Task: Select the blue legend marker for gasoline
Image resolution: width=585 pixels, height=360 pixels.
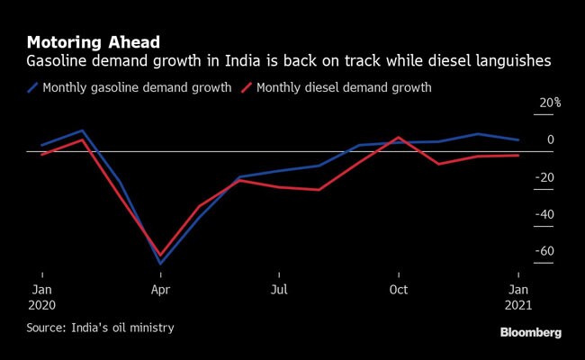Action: [33, 88]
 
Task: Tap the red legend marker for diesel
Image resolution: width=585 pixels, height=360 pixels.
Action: [247, 88]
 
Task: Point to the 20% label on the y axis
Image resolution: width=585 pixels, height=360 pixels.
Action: [549, 103]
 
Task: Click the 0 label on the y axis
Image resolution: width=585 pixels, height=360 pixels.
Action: [550, 140]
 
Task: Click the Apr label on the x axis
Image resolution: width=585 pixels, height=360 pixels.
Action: [160, 290]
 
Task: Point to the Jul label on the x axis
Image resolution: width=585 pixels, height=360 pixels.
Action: [279, 290]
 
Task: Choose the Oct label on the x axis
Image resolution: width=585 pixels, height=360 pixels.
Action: [399, 290]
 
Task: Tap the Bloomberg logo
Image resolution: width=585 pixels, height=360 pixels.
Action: [530, 333]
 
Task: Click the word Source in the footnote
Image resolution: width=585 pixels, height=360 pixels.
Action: [45, 328]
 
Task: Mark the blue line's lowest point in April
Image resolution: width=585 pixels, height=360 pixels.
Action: [160, 265]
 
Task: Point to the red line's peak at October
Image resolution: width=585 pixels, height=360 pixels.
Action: [399, 138]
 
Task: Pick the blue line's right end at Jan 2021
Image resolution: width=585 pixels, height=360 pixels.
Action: [518, 139]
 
